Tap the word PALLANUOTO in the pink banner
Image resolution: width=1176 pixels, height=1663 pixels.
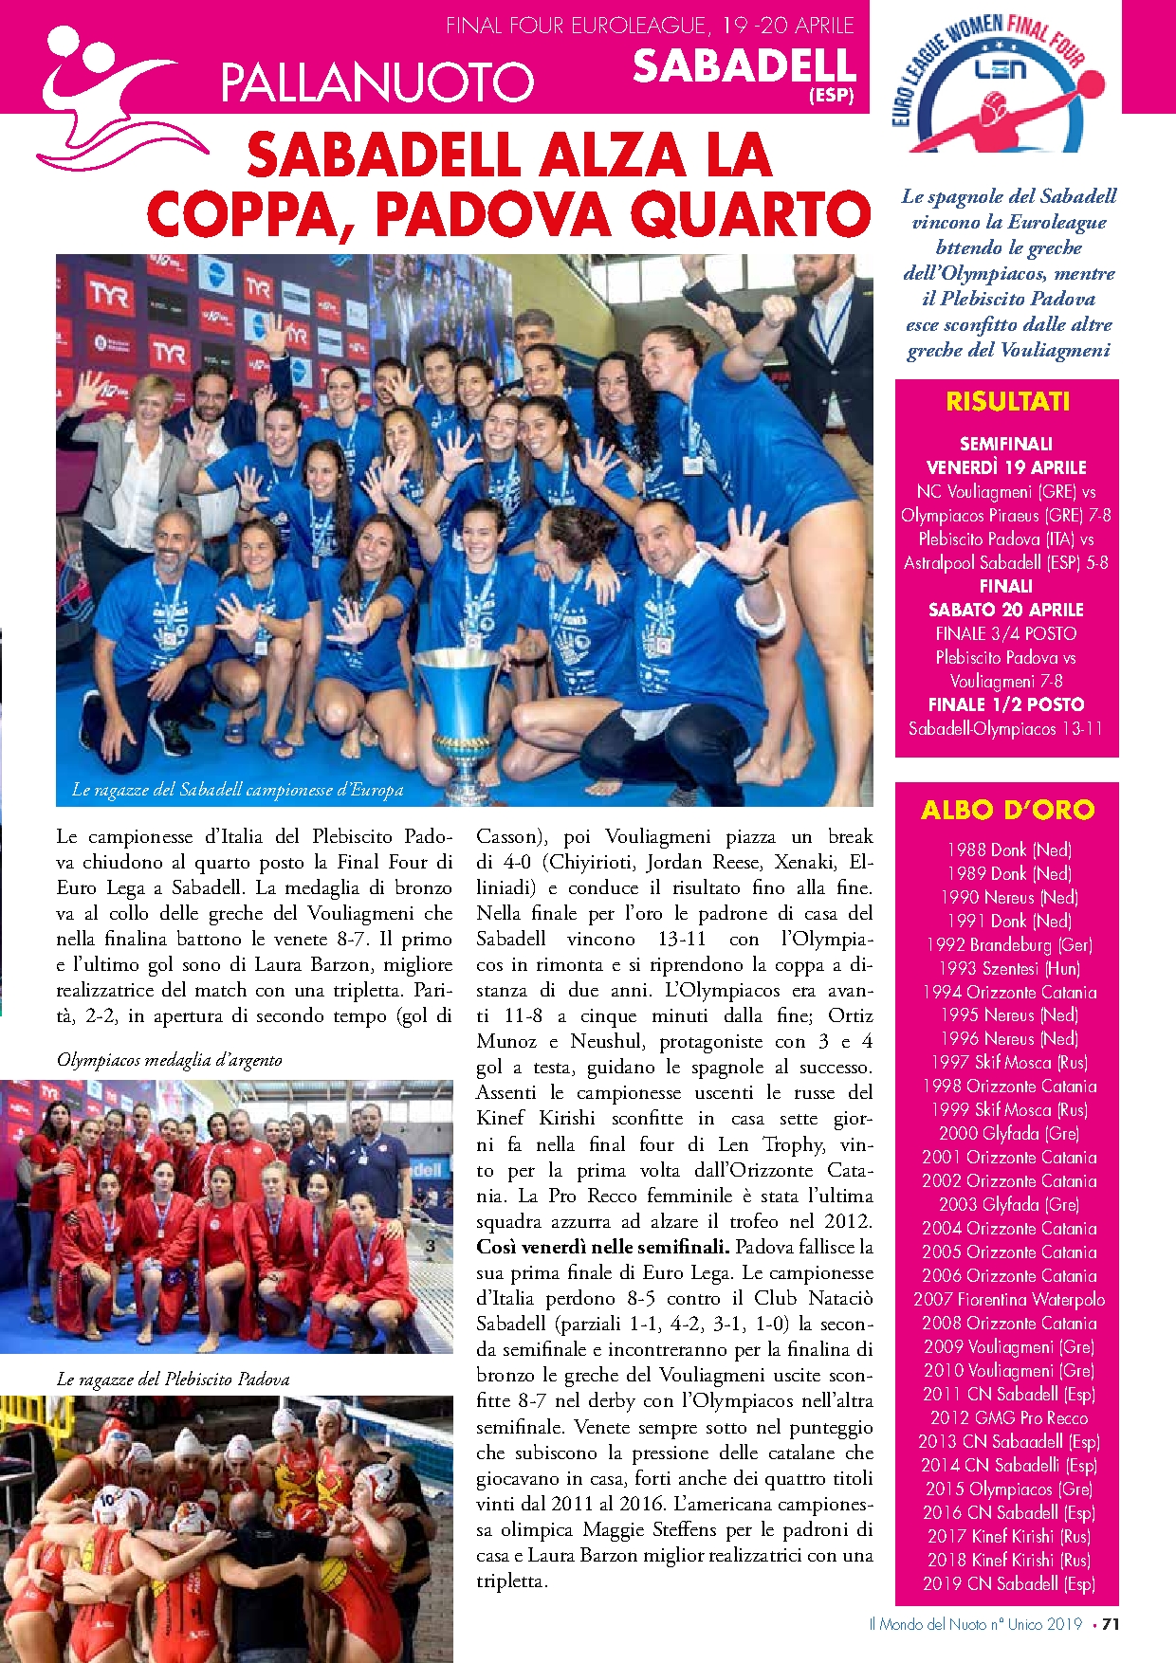click(x=377, y=82)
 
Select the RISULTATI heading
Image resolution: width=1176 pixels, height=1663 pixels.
click(x=1007, y=402)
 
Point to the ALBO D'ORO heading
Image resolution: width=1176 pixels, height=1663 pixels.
click(x=1007, y=810)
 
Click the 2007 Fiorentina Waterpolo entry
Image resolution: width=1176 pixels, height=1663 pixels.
click(x=1008, y=1300)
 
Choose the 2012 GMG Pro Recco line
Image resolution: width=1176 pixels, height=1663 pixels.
click(x=1008, y=1418)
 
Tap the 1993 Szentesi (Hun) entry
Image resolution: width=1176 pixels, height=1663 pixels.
click(x=1008, y=968)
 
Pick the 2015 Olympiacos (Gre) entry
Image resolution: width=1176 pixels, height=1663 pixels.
click(x=1008, y=1489)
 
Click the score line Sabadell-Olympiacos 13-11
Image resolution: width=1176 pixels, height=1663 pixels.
click(x=1005, y=729)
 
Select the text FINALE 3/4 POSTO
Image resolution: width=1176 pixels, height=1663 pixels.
click(x=1005, y=633)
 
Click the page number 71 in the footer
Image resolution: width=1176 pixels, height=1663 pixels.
click(x=1111, y=1624)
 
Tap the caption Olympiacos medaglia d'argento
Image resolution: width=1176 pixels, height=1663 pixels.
click(x=170, y=1060)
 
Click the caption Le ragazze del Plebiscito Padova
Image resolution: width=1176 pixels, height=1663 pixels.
click(x=173, y=1380)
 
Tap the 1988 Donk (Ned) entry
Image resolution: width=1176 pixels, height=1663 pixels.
click(x=1008, y=850)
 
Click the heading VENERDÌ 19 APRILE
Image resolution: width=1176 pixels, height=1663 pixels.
click(x=1005, y=467)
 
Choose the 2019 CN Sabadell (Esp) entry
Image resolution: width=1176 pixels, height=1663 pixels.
click(x=1008, y=1584)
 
